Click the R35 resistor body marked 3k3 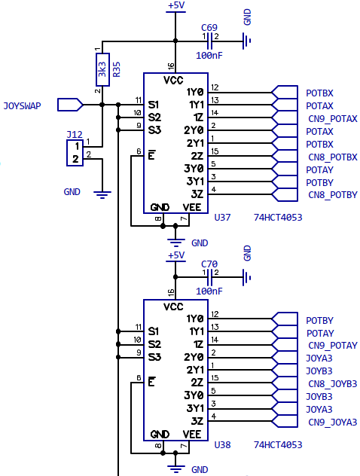click(102, 70)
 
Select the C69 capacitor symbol click(209, 41)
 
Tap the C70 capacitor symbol click(209, 277)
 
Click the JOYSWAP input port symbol click(70, 105)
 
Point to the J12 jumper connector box click(75, 153)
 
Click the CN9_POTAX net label click(333, 119)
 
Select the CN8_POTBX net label click(333, 157)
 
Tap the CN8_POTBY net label click(333, 194)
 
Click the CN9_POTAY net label click(333, 346)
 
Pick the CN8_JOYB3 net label click(333, 384)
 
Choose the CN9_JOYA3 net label click(333, 423)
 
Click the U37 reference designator click(222, 218)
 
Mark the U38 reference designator click(222, 444)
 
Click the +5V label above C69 click(176, 5)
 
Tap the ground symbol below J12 click(102, 194)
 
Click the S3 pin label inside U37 click(154, 130)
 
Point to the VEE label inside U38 click(192, 435)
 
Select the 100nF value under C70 click(209, 291)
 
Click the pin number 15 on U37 click(215, 151)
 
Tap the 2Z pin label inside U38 click(197, 383)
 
